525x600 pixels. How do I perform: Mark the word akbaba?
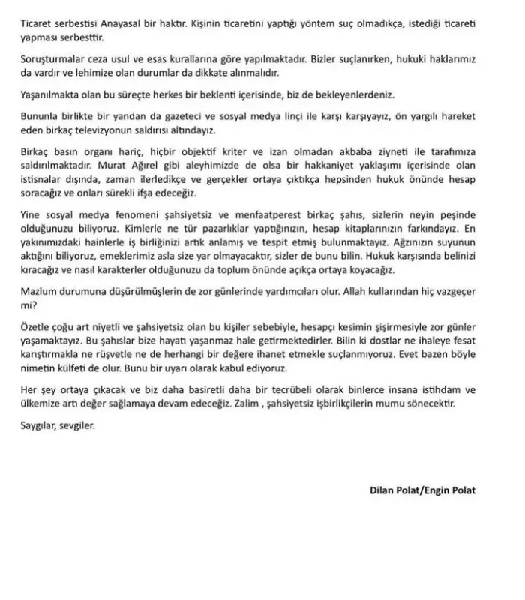pos(344,151)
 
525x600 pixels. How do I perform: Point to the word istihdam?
pos(424,390)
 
